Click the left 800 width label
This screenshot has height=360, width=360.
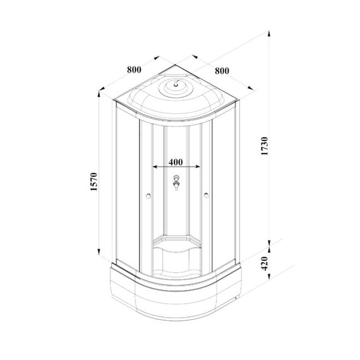click(x=133, y=69)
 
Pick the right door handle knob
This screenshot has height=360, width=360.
click(x=207, y=196)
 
